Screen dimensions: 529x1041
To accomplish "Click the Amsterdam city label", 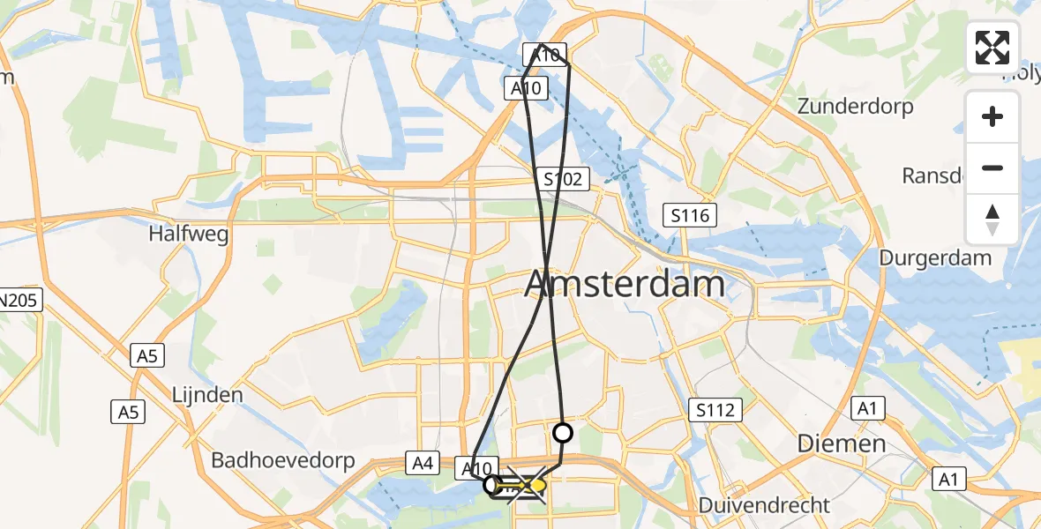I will pos(625,285).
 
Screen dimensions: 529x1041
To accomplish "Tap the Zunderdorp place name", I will pos(855,107).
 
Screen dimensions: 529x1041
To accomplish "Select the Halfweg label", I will pos(189,235).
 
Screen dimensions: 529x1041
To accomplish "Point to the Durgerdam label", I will pos(935,258).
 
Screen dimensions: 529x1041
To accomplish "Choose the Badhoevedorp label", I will pos(282,460).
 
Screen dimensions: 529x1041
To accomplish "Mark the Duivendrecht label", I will pos(764,505).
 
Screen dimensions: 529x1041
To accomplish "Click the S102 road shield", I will pos(563,180).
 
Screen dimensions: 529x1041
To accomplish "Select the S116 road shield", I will pos(691,215).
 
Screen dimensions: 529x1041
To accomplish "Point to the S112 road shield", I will pos(715,409).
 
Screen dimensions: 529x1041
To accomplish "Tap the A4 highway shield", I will pos(421,461).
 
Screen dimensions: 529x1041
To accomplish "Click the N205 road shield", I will pos(19,301).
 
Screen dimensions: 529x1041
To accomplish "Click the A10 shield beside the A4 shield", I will pos(476,468).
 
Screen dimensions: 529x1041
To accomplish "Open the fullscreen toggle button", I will pos(992,48).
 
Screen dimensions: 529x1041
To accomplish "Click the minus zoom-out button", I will pos(992,168).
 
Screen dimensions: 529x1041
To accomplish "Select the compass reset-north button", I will pos(992,219).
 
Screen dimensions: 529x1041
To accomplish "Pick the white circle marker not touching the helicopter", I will pos(562,433).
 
